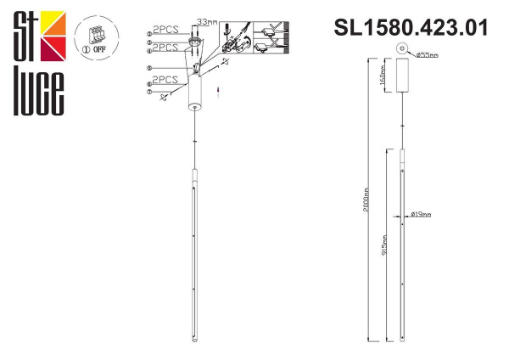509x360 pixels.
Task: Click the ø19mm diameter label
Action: [x=420, y=215]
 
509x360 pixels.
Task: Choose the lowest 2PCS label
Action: [x=165, y=80]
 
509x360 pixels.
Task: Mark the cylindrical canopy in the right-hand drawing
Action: [x=403, y=82]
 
